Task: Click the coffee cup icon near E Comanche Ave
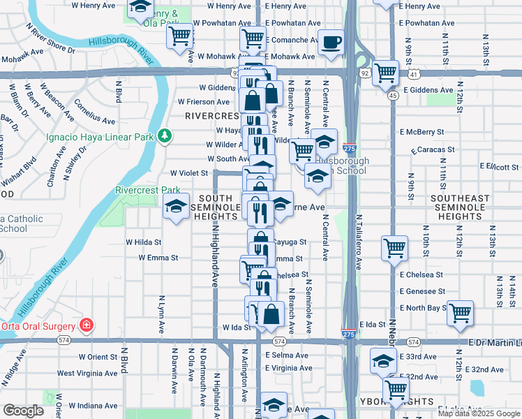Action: click(331, 42)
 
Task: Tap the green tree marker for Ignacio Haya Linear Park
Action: click(165, 135)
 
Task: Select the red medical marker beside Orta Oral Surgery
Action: click(86, 325)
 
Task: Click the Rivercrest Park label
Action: click(147, 190)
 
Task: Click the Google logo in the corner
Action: click(24, 411)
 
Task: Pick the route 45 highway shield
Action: click(394, 96)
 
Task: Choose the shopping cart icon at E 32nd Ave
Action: click(396, 388)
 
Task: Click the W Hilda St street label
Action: click(143, 242)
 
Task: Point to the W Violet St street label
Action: click(189, 173)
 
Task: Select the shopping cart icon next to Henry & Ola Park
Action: click(180, 34)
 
